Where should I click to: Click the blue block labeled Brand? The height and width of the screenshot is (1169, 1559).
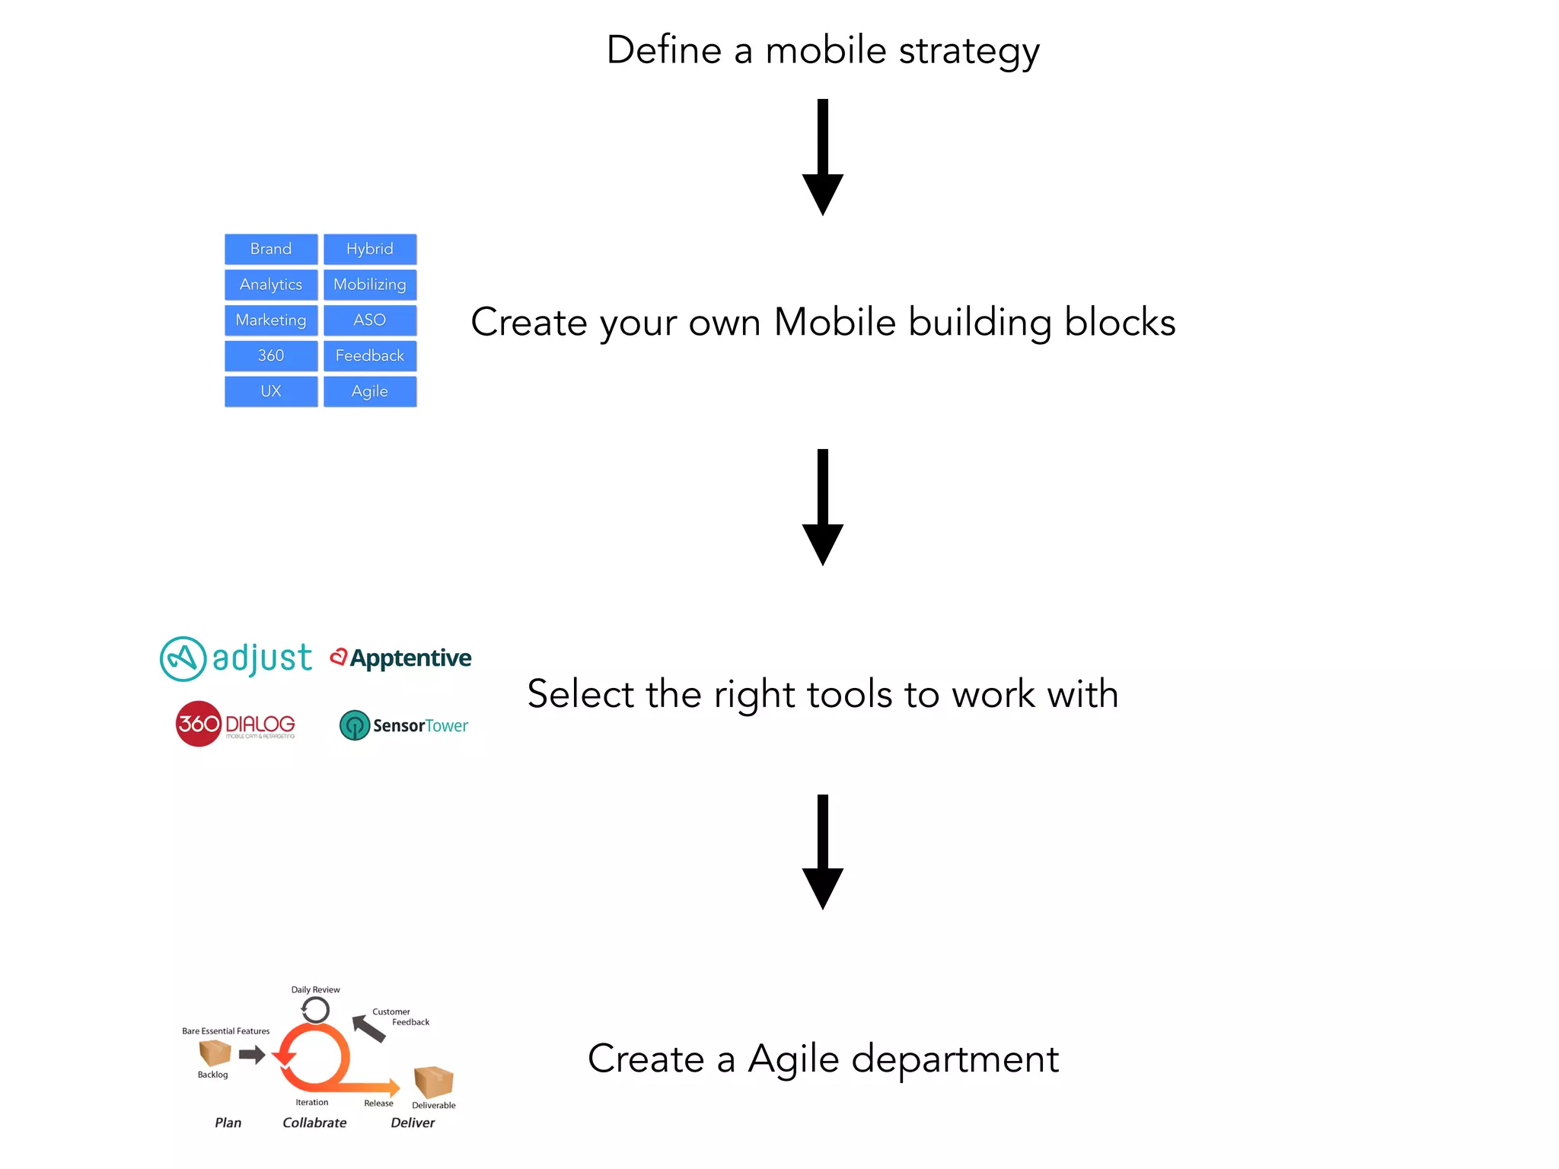271,249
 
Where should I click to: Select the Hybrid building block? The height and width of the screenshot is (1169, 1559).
370,249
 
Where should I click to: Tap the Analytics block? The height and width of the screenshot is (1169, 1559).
271,285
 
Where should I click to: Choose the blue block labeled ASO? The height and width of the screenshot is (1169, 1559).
370,320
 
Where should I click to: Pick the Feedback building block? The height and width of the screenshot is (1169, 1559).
370,355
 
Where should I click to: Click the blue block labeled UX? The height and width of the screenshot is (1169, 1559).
271,391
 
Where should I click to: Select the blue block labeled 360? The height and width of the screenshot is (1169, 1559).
271,355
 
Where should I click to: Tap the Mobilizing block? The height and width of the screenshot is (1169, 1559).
370,285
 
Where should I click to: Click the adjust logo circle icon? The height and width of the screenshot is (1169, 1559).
183,658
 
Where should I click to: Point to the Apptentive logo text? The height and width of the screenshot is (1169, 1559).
410,658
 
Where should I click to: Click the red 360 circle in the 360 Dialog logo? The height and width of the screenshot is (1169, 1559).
199,723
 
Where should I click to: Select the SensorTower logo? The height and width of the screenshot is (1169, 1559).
403,725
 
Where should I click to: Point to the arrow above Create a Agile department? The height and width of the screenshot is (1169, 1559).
822,852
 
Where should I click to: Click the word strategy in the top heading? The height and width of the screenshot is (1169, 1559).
968,52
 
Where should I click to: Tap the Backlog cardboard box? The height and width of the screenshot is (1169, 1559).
215,1053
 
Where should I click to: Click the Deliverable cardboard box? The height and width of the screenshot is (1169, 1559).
433,1081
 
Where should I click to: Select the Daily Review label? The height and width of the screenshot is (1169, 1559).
315,989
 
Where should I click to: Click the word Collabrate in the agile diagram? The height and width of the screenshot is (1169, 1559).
314,1123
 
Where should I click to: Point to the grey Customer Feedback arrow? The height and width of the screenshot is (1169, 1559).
369,1028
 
